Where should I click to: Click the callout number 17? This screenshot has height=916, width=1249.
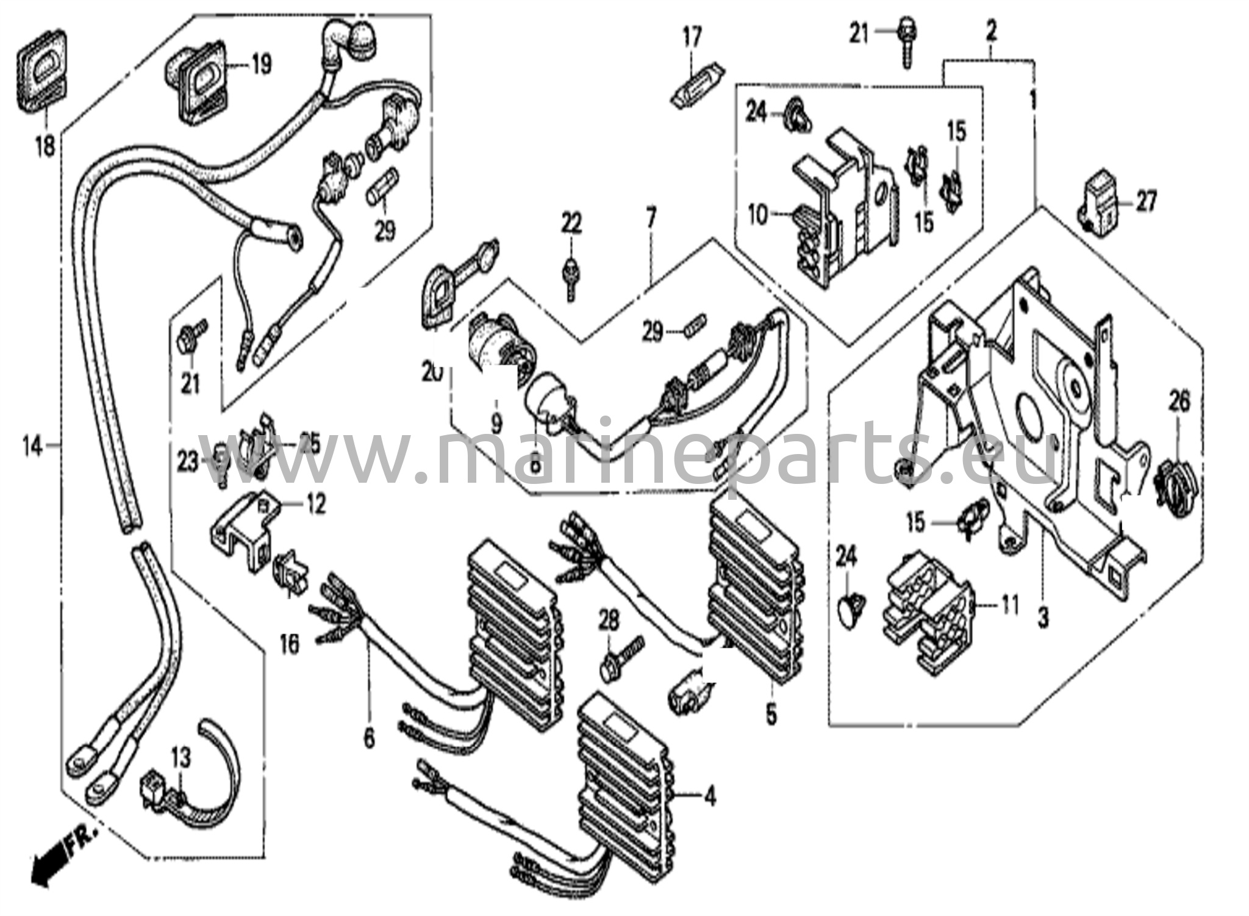pyautogui.click(x=692, y=37)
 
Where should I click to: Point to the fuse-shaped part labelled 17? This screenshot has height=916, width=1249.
pyautogui.click(x=697, y=85)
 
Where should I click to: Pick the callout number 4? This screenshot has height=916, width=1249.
pyautogui.click(x=709, y=796)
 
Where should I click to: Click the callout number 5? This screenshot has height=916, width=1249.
pyautogui.click(x=772, y=715)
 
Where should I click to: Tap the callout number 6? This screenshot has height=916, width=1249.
pyautogui.click(x=369, y=739)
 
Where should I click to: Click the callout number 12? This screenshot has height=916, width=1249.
pyautogui.click(x=315, y=504)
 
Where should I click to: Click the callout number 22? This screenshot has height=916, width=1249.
pyautogui.click(x=571, y=223)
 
